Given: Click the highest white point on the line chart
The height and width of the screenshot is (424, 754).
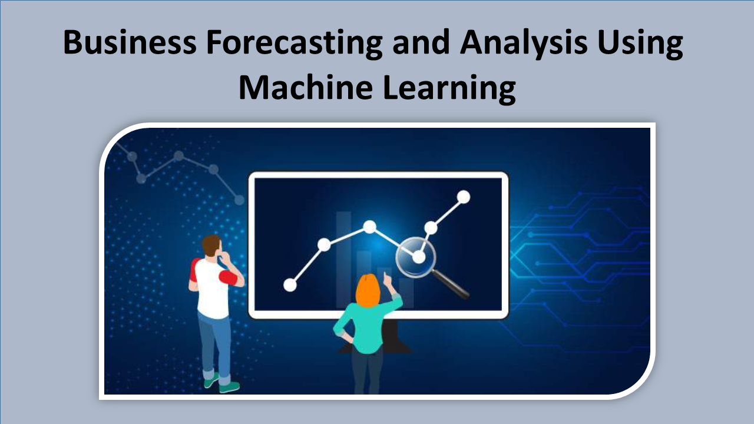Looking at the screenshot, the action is point(464,197).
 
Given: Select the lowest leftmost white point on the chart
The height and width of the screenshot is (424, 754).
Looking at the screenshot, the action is point(290,285).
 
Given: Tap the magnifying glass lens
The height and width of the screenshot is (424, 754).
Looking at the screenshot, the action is point(416,257).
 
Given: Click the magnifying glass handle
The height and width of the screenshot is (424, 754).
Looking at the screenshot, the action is point(451,284).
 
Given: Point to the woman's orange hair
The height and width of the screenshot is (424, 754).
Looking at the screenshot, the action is point(368,290).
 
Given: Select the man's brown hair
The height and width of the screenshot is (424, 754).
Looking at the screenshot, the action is point(211,244).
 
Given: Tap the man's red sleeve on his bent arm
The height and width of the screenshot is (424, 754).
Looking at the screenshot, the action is point(228,277).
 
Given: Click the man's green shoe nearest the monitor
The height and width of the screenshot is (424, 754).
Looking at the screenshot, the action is point(229,387).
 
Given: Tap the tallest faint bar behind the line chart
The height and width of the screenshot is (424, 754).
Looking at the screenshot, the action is point(343,259).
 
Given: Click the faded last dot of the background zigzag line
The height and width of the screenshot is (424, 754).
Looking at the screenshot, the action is point(239,200).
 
